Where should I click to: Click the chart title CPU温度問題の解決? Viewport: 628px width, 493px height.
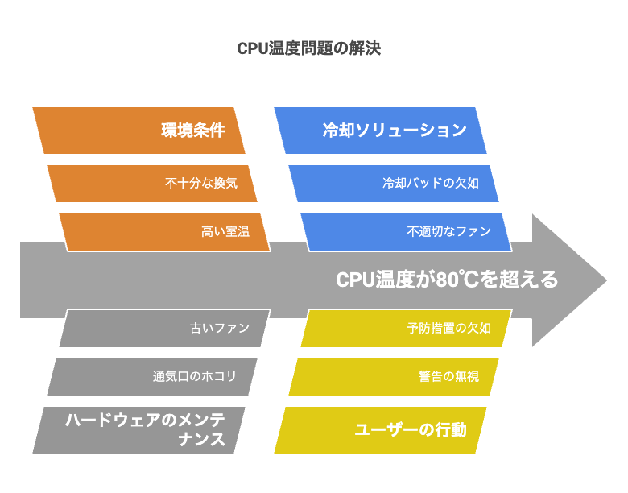[309, 48]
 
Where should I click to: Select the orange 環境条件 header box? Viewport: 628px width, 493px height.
[138, 130]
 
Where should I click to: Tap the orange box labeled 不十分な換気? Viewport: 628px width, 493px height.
[152, 183]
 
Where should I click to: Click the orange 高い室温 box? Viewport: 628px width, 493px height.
[165, 232]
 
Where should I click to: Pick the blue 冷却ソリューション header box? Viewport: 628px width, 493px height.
[380, 130]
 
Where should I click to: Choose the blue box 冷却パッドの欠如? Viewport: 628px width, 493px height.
[394, 183]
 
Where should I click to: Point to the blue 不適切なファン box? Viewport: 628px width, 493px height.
[407, 232]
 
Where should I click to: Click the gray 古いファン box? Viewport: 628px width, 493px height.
[165, 328]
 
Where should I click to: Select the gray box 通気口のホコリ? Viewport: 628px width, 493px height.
[152, 377]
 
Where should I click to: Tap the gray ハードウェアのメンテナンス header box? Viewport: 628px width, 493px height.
[138, 430]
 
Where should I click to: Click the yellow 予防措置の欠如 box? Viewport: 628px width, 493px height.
[407, 328]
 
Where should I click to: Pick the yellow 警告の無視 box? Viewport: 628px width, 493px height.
[394, 377]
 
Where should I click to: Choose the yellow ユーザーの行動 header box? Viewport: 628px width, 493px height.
[380, 430]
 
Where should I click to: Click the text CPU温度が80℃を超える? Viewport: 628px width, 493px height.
[447, 280]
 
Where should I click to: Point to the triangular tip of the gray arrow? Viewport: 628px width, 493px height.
[607, 280]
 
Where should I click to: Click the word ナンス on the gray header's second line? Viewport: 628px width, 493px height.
[202, 440]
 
